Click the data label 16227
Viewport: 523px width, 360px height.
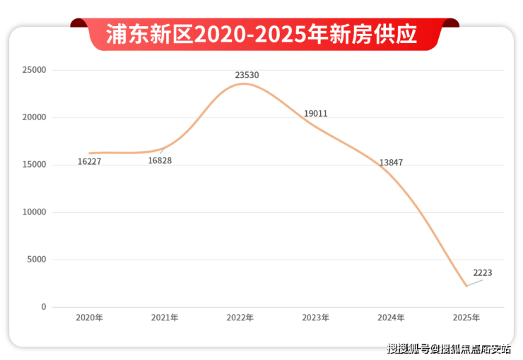tap(90, 162)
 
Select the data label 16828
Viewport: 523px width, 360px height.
tap(160, 161)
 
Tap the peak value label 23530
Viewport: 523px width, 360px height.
tap(247, 74)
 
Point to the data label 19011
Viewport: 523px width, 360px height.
tap(315, 114)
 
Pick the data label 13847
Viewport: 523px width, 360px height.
tap(391, 163)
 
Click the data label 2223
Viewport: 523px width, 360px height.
tap(483, 273)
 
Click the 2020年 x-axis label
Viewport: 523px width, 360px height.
tap(90, 318)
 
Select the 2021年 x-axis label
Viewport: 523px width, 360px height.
tap(165, 318)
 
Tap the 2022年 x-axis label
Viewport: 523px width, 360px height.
tap(240, 318)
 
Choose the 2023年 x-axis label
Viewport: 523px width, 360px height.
tap(315, 318)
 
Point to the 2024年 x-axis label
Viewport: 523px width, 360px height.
tap(391, 318)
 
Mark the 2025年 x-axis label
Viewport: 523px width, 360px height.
tap(466, 318)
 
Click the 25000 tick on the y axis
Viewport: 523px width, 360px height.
tap(34, 70)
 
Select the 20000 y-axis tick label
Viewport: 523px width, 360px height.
tap(34, 117)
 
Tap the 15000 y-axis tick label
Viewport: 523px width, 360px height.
tap(34, 165)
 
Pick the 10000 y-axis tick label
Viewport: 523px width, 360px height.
tap(34, 212)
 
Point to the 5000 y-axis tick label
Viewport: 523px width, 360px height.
tap(37, 260)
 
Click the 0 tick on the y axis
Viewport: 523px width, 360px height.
tap(43, 307)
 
